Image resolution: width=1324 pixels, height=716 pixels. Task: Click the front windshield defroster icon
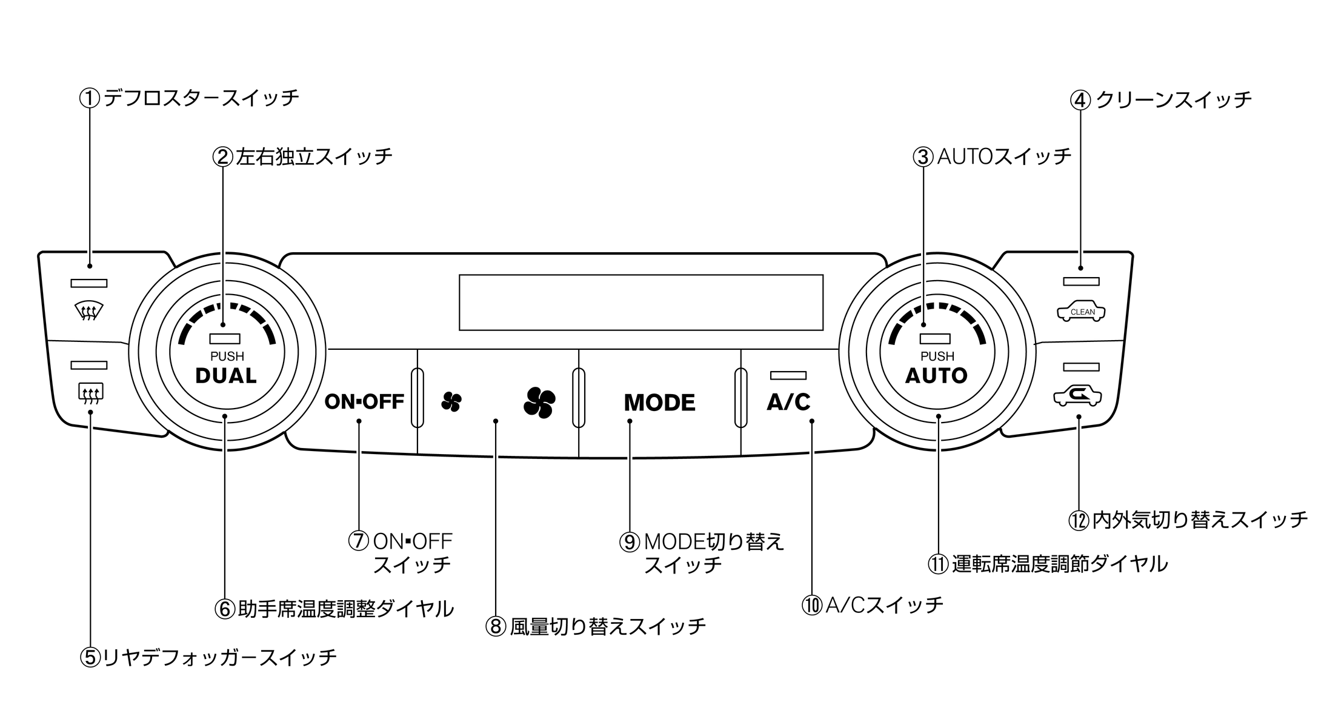pos(88,312)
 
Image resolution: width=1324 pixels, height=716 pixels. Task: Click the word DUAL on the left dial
pos(226,376)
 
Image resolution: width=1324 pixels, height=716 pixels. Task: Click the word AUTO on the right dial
pos(936,376)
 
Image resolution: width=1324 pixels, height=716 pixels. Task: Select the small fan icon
pos(451,401)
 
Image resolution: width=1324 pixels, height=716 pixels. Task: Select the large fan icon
pos(539,401)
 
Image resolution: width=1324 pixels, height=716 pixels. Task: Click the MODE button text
pos(659,403)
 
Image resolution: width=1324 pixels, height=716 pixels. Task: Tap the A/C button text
pos(788,402)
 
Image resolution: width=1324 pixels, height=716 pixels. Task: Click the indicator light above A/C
pos(788,375)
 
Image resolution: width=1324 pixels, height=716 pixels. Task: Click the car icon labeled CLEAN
pos(1081,311)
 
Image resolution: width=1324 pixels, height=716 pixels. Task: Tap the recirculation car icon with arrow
pos(1077,396)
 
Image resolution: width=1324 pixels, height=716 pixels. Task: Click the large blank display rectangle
pos(640,302)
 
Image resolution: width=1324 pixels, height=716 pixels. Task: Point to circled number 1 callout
pos(89,98)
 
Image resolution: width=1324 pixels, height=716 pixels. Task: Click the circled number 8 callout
pos(495,626)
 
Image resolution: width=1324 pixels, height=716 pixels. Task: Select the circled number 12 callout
pos(1078,520)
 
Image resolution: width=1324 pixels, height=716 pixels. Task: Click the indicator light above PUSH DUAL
pos(225,339)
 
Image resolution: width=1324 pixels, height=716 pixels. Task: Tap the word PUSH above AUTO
pos(937,356)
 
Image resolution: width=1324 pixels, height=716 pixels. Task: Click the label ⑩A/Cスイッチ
pos(872,604)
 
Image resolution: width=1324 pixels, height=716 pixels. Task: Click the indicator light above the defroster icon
pos(89,283)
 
